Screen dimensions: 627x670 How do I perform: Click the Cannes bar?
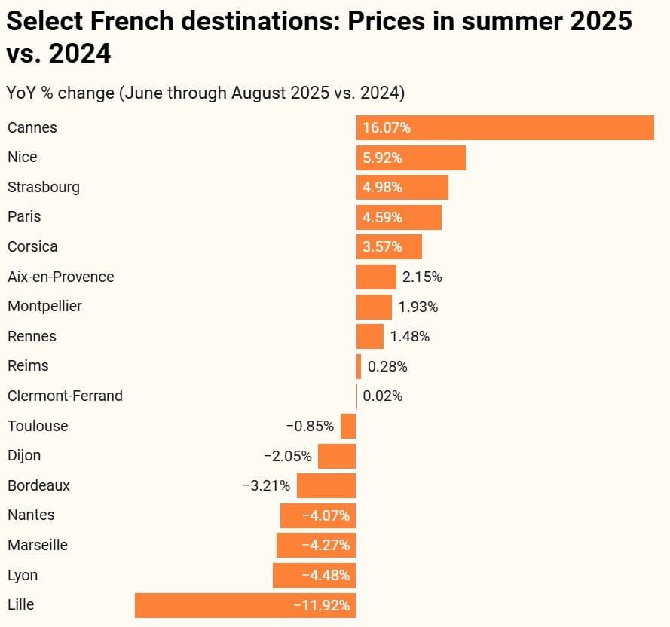click(505, 127)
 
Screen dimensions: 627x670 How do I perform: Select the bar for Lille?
click(245, 605)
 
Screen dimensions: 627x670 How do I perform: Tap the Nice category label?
click(23, 157)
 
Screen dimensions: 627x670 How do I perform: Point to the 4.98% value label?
click(383, 187)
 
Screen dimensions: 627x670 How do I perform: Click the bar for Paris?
click(399, 217)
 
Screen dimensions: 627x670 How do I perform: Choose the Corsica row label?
click(32, 246)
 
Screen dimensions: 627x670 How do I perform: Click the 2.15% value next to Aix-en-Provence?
click(422, 277)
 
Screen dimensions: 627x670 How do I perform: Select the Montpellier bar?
click(374, 307)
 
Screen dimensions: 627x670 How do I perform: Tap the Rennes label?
click(32, 336)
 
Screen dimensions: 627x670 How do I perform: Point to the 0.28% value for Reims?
click(387, 366)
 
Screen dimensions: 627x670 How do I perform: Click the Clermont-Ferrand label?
click(65, 396)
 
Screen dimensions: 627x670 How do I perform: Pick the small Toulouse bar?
click(348, 426)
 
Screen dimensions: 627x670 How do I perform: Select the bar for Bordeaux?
click(326, 485)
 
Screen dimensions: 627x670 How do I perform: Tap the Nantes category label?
click(31, 515)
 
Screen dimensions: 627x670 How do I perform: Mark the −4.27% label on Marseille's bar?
click(326, 546)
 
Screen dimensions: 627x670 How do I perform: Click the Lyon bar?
click(314, 575)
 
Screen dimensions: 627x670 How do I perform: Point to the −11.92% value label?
click(322, 605)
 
